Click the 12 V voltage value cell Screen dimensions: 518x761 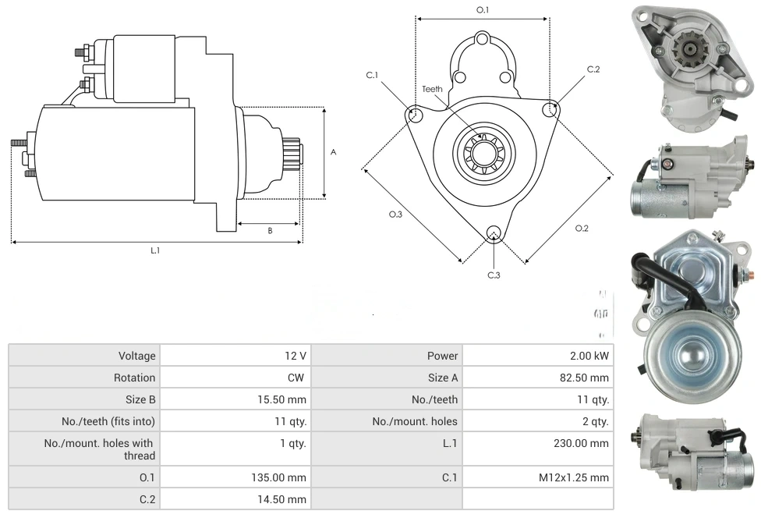(295, 356)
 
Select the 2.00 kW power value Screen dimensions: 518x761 (590, 356)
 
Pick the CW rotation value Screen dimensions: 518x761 (297, 378)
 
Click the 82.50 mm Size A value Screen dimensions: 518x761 (587, 378)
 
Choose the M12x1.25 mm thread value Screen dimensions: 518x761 (577, 477)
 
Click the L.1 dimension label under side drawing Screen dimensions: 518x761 (155, 250)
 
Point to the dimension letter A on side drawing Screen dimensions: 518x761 (333, 152)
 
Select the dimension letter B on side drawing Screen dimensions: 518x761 (270, 230)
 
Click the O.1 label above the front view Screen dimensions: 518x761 (483, 10)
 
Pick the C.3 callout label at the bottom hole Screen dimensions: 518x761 (494, 275)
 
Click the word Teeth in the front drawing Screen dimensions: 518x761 (432, 89)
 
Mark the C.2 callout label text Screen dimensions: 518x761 (593, 69)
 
